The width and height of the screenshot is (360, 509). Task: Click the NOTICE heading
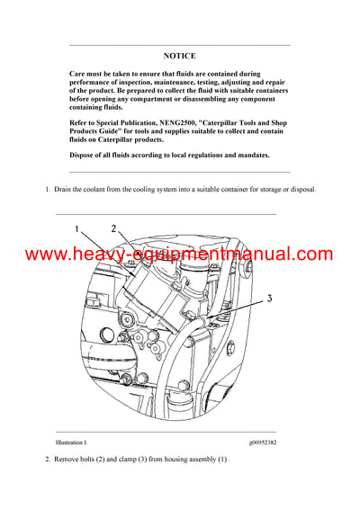coord(179,55)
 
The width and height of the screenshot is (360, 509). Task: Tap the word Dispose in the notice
coord(85,155)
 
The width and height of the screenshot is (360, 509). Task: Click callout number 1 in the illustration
coord(77,229)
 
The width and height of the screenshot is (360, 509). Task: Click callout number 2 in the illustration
coord(113,229)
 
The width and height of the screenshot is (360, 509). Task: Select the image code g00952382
coord(271,443)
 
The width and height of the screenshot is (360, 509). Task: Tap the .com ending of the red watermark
coord(311,255)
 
